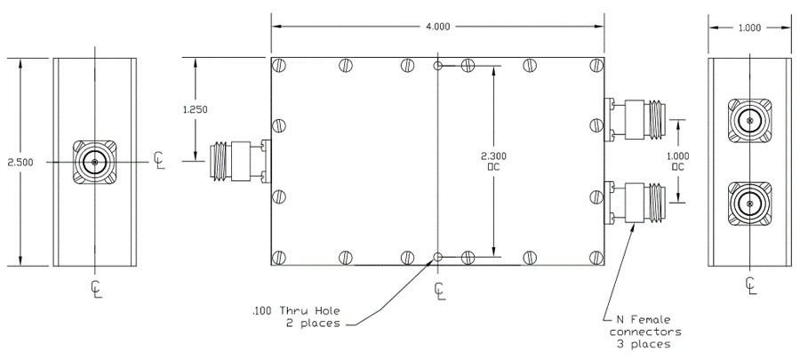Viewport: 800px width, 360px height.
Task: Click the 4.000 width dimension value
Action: (x=438, y=27)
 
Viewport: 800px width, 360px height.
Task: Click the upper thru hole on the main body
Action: (x=437, y=67)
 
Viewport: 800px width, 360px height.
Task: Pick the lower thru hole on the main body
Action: (x=437, y=258)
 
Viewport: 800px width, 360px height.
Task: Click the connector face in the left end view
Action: (x=93, y=161)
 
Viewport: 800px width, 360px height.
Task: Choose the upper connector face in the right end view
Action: (x=748, y=119)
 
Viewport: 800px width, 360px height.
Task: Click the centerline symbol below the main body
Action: (x=439, y=289)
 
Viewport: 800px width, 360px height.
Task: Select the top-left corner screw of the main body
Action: (x=279, y=67)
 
